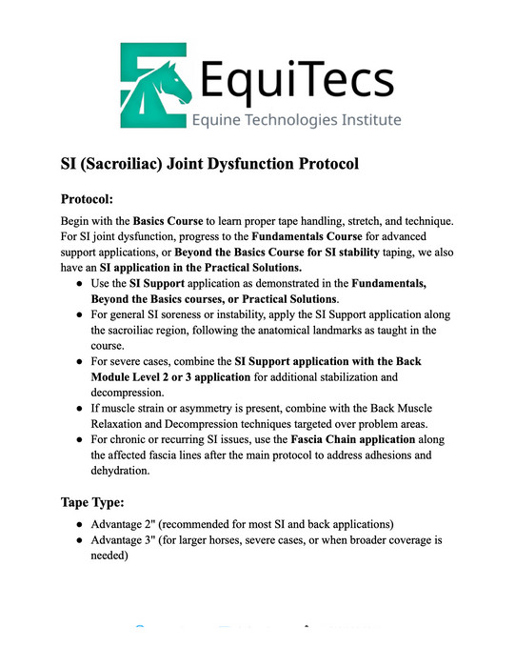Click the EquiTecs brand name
click(x=296, y=75)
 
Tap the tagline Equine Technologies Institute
click(x=296, y=120)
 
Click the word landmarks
click(x=359, y=330)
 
